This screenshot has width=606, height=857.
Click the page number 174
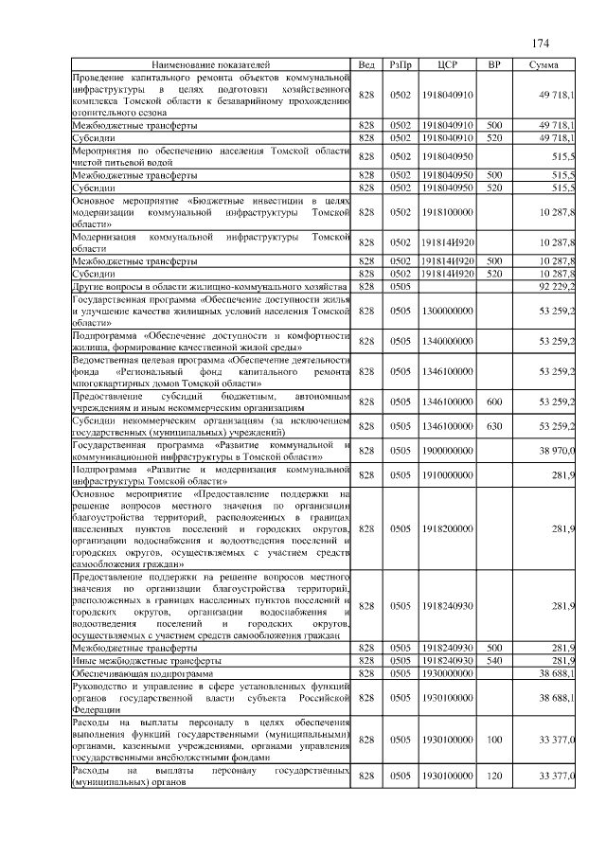point(542,44)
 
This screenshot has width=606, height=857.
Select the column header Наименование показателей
point(210,64)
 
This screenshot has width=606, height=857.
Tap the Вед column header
point(365,64)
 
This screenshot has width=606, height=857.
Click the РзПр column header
point(401,64)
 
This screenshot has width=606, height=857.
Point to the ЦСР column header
point(448,64)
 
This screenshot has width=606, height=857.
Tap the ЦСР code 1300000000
point(448,310)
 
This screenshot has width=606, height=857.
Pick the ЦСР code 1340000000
point(448,341)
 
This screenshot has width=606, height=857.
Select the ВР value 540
point(493,659)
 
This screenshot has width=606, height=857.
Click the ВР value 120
point(493,776)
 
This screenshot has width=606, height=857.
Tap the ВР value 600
point(493,402)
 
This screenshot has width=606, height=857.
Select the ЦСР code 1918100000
point(448,213)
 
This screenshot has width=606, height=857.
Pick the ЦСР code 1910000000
point(448,474)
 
